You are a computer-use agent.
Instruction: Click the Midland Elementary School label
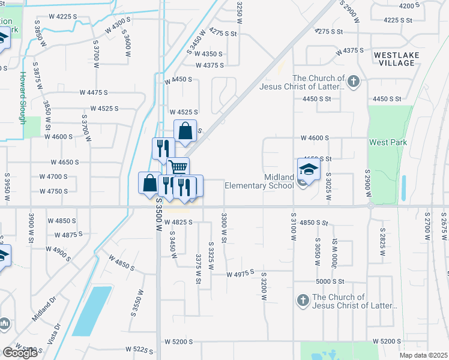click(x=259, y=181)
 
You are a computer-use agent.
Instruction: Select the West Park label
click(x=388, y=142)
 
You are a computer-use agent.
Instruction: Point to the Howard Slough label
click(x=22, y=98)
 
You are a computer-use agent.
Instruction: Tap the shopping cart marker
click(x=178, y=168)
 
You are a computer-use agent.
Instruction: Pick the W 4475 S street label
click(x=93, y=92)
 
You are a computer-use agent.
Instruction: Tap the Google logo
click(x=20, y=353)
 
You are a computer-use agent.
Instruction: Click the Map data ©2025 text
click(x=424, y=355)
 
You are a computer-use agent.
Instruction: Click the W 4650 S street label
click(x=65, y=163)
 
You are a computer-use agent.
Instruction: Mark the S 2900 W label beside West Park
click(x=367, y=182)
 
